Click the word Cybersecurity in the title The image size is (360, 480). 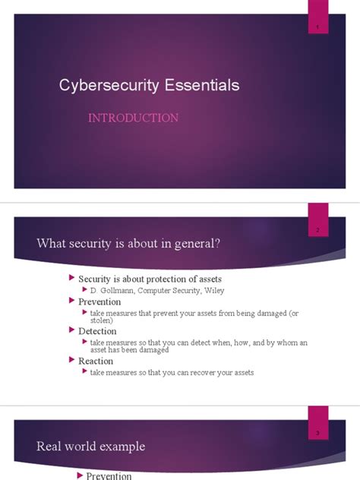(107, 85)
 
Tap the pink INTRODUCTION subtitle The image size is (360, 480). (133, 118)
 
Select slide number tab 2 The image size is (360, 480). (317, 229)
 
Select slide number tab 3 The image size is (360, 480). (317, 432)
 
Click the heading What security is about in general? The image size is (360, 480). (128, 242)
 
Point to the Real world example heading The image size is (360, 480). (90, 446)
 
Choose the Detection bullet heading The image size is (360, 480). (97, 331)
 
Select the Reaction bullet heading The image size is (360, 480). (96, 362)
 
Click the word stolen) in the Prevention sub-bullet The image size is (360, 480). (102, 321)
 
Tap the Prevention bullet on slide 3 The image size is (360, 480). (109, 475)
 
